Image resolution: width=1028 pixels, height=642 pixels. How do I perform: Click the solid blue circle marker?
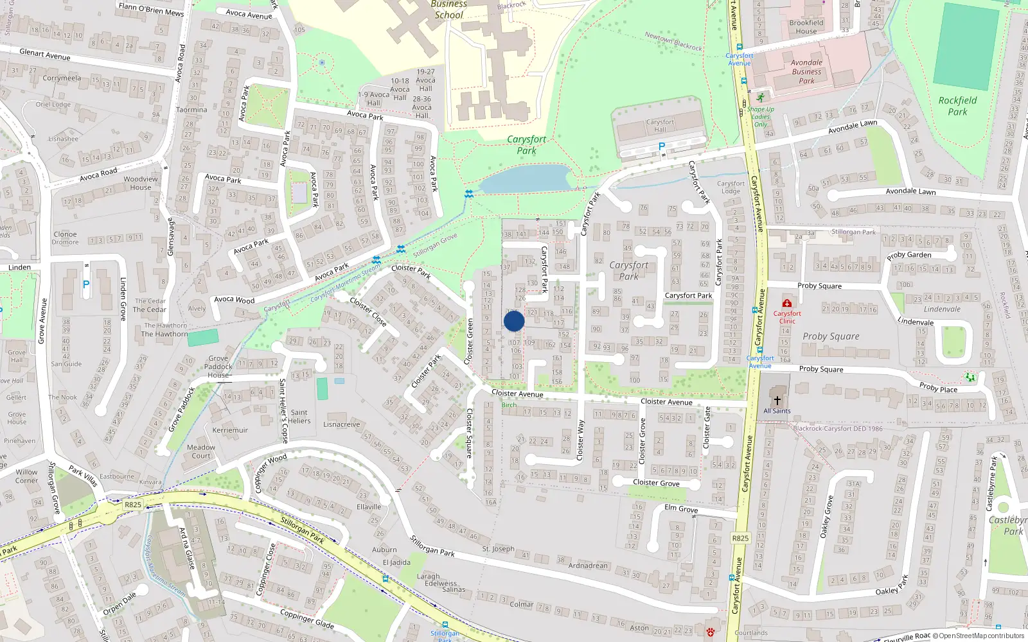pos(514,321)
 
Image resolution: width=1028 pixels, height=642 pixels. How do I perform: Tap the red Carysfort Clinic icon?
pos(786,303)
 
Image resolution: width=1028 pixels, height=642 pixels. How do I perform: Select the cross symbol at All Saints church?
pos(777,400)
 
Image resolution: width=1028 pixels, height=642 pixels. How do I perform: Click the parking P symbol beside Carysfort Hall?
pos(662,147)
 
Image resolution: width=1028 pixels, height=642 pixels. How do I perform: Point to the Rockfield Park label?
pos(957,106)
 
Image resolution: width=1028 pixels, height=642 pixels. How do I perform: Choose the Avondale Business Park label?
pos(806,72)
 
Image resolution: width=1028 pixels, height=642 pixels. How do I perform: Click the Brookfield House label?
pos(806,27)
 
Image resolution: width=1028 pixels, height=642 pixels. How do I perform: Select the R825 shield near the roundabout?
pos(133,505)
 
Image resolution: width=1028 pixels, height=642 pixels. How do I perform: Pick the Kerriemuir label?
pos(230,430)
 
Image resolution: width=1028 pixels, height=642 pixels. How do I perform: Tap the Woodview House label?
pos(141,184)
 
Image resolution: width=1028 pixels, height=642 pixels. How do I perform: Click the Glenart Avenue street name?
pos(45,55)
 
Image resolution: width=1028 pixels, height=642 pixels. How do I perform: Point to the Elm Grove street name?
pos(681,508)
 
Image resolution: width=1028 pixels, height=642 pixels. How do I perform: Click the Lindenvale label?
pos(942,309)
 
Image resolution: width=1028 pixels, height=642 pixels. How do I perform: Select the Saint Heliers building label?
pos(299,417)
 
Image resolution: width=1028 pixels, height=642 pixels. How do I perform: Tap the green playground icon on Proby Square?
pos(970,377)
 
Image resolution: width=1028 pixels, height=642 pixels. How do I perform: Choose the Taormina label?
pos(191,110)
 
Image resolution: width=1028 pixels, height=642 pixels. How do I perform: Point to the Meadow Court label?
pos(201,451)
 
